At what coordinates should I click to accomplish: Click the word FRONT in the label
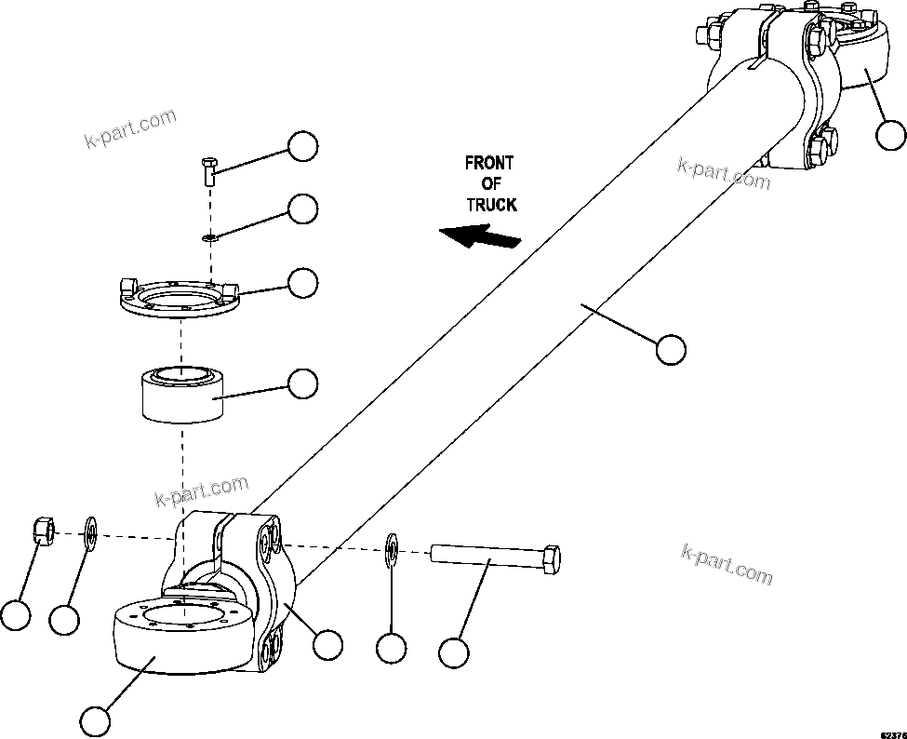pos(489,163)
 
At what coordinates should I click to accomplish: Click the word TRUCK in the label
pos(491,204)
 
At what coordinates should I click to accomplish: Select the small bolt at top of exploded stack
pos(208,171)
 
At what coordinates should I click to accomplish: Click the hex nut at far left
pos(42,531)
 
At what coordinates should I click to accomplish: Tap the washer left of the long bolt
pos(392,550)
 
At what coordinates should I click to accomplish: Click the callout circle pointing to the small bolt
pos(302,146)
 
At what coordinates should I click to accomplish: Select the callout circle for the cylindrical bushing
pos(302,383)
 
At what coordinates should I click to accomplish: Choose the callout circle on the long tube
pos(670,350)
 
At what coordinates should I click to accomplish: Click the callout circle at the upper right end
pos(891,136)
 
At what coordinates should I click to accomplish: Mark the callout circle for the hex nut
pos(15,615)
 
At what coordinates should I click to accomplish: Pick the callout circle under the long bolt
pos(453,652)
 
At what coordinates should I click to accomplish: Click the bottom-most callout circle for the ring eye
pos(94,719)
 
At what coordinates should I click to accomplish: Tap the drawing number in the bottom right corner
pos(894,732)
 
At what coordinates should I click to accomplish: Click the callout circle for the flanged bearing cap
pos(302,283)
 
